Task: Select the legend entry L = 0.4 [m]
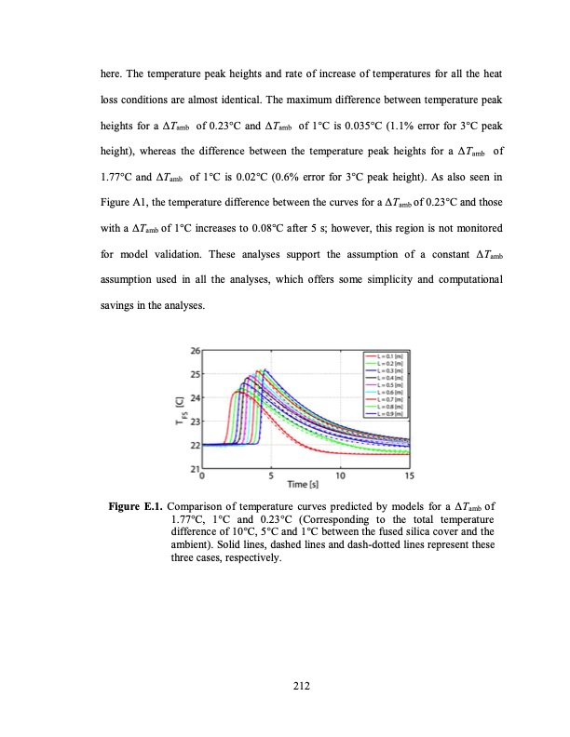386,377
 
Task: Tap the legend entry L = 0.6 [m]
386,392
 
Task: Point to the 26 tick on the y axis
194,350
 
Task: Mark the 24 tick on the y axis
194,397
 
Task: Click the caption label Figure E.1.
137,507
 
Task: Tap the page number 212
285,686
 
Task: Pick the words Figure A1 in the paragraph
129,199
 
